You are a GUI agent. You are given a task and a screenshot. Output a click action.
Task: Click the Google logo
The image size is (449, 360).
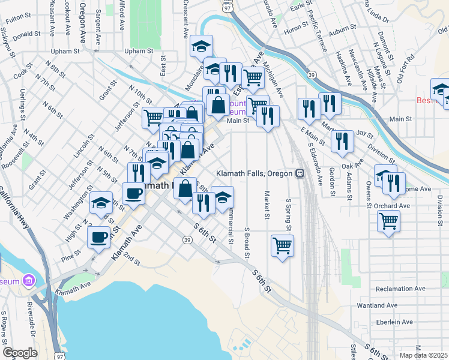(20, 353)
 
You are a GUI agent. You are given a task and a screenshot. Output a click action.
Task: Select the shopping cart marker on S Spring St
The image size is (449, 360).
(282, 245)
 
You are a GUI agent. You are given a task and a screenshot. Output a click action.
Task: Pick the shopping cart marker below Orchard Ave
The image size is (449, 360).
(388, 221)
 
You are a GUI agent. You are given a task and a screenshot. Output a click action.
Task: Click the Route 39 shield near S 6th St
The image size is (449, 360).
(188, 240)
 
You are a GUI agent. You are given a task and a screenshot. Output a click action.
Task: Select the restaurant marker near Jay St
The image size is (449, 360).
(342, 141)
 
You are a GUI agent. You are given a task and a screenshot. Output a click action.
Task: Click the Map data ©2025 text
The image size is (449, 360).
(424, 355)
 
